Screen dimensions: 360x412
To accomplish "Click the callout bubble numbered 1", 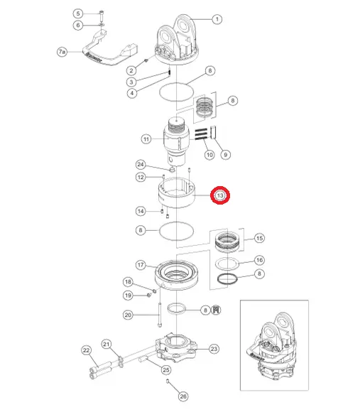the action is (217, 19).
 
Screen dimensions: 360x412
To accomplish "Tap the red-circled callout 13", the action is (220, 195).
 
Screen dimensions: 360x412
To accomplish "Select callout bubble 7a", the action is (62, 52).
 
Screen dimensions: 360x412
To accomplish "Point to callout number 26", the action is (183, 396).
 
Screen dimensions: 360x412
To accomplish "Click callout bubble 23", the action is (214, 349).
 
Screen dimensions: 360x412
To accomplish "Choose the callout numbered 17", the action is (141, 264).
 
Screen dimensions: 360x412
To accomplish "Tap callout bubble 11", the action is (146, 139).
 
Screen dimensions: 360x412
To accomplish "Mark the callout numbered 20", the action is (128, 315).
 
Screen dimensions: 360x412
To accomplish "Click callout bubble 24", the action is (141, 165).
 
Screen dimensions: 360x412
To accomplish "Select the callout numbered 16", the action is (259, 260).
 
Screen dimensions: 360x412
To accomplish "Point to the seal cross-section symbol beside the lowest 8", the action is (216, 310).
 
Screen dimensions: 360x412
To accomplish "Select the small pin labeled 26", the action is (168, 381).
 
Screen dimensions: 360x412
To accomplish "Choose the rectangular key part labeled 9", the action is (213, 132).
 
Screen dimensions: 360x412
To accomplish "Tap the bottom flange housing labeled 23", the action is (176, 347).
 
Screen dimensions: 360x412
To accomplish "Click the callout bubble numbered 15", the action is (259, 238).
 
